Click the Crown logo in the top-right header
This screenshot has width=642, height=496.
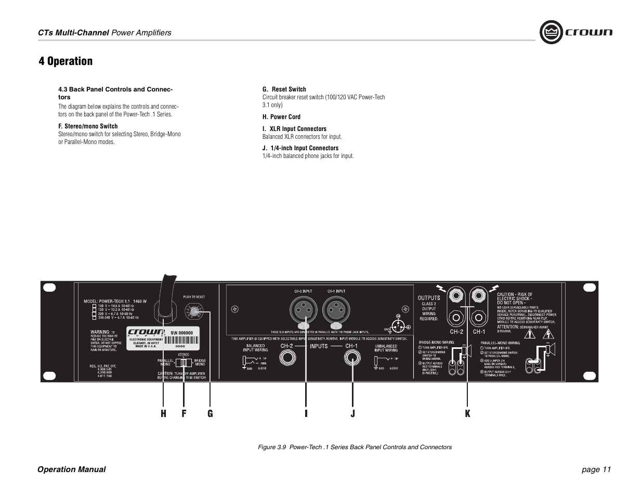(575, 32)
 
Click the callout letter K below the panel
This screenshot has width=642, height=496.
(467, 414)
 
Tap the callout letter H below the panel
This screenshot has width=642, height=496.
(163, 414)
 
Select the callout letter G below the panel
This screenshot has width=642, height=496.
(210, 414)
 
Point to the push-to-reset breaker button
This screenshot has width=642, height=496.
(194, 312)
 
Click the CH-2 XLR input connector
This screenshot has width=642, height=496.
(303, 311)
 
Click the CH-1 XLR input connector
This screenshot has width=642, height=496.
(336, 311)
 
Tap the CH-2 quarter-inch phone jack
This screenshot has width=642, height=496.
(286, 358)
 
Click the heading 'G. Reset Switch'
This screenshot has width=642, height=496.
(284, 89)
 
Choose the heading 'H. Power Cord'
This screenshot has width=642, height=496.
(281, 117)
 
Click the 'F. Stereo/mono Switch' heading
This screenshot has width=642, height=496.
(88, 126)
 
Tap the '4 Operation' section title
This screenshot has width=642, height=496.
(65, 61)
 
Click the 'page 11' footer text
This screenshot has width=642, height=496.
(596, 469)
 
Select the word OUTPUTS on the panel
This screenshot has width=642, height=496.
(429, 298)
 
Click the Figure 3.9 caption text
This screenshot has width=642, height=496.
(355, 447)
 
